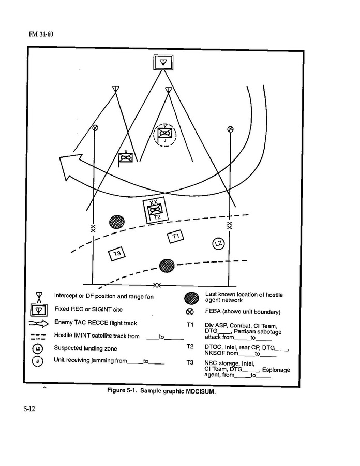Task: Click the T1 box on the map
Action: [176, 236]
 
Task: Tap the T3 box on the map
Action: [117, 254]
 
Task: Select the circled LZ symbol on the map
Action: [218, 244]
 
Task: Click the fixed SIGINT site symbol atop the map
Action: [163, 63]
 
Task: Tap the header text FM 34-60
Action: [41, 34]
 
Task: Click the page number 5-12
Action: [29, 409]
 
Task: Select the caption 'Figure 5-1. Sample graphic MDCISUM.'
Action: [161, 391]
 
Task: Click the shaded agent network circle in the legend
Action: [191, 298]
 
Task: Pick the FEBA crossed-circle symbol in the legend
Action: [190, 312]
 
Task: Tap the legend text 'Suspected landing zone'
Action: [85, 348]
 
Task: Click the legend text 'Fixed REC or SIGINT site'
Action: [88, 309]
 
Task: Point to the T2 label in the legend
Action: [190, 346]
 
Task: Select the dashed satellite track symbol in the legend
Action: [38, 337]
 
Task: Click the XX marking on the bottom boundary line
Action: [157, 285]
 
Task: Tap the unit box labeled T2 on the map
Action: [156, 210]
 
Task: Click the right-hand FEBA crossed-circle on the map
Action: [230, 129]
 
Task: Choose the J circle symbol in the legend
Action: [37, 361]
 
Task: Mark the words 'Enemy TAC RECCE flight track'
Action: [96, 323]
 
